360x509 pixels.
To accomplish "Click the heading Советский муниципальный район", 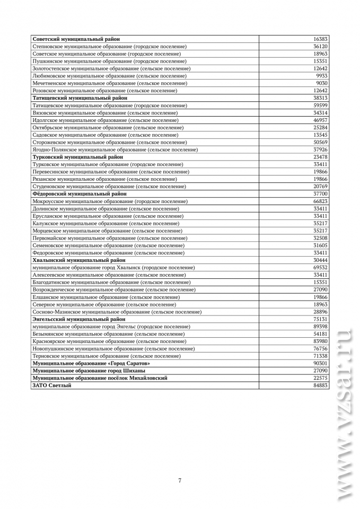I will coord(76,39).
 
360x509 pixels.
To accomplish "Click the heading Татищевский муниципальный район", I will coord(80,98).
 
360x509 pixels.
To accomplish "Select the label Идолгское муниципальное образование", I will coord(107,120).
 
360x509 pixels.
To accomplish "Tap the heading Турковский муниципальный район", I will coord(78,157).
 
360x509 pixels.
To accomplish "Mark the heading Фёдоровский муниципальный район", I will coord(80,194).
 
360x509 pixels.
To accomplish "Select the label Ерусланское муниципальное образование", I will coord(109,216).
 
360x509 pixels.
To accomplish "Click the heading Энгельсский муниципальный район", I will coord(79,320).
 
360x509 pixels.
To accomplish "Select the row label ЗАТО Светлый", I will coord(52,385).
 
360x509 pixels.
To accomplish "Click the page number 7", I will coord(180,480).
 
